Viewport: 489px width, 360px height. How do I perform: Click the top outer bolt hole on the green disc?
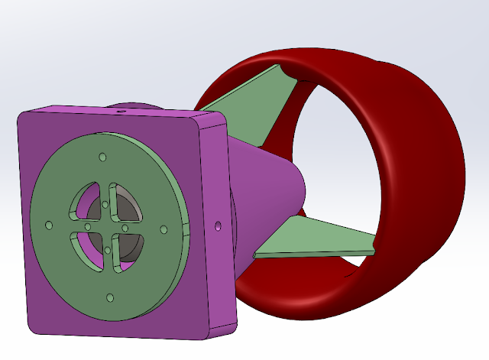pyautogui.click(x=101, y=157)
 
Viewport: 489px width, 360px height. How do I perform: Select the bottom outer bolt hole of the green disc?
pyautogui.click(x=110, y=297)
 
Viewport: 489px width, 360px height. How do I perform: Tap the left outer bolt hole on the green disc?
pyautogui.click(x=49, y=225)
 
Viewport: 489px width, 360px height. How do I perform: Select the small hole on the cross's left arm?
pyautogui.click(x=88, y=226)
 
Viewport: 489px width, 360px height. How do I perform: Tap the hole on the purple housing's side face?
pyautogui.click(x=218, y=227)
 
